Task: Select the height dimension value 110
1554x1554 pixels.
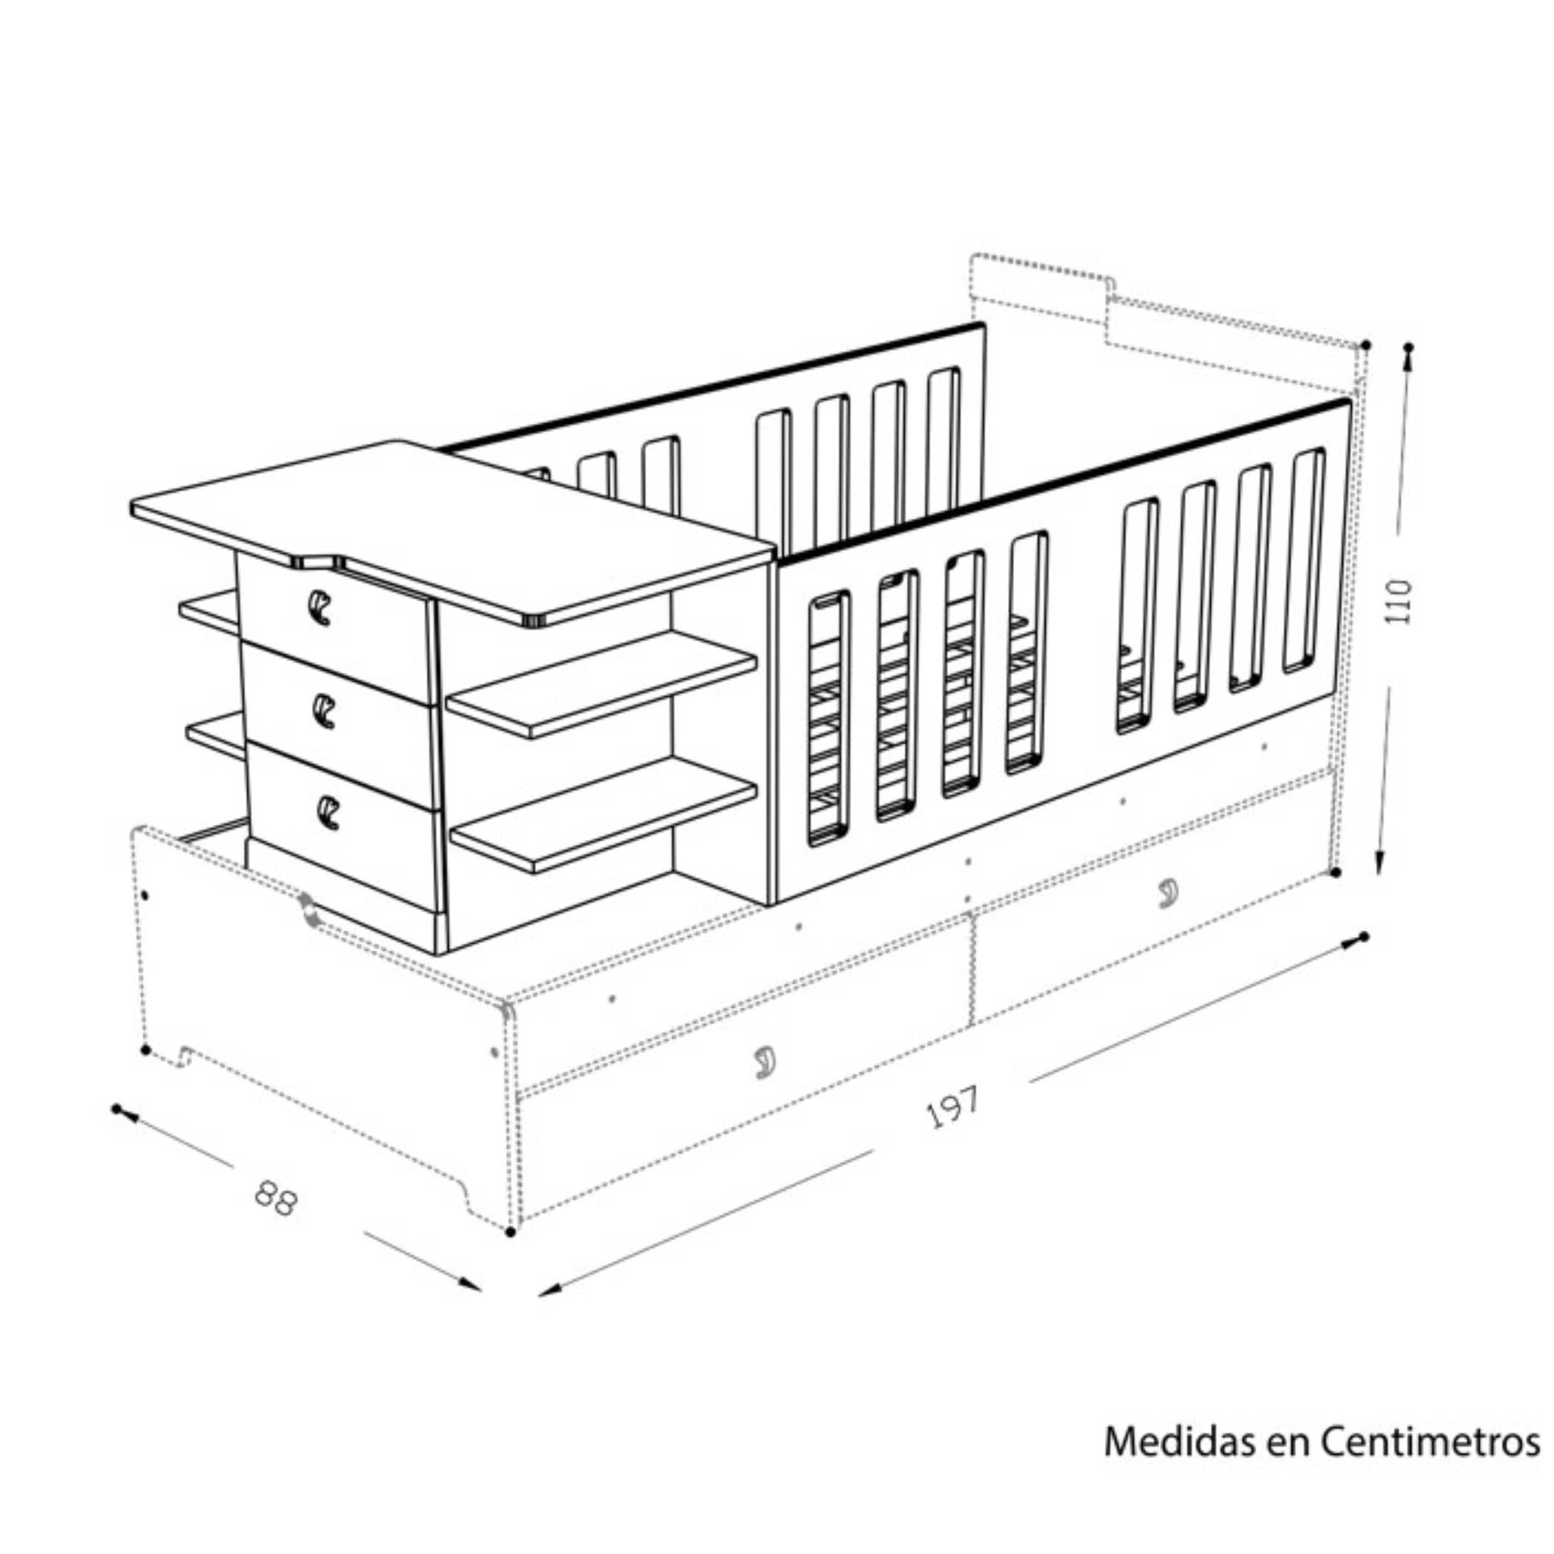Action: [1399, 600]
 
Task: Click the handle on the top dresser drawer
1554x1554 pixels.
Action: [319, 607]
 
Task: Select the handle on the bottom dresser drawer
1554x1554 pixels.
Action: [328, 813]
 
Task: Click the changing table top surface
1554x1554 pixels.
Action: [451, 527]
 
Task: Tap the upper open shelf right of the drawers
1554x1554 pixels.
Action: [602, 684]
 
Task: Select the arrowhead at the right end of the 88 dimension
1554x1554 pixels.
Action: [469, 1285]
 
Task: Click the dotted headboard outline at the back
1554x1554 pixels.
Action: [1167, 322]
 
